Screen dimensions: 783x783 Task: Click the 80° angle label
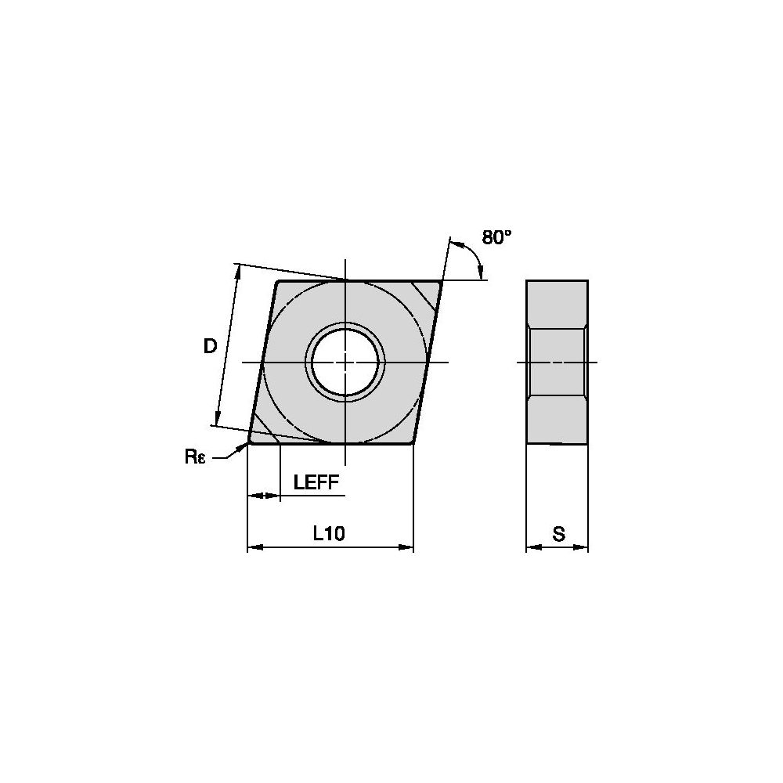point(497,237)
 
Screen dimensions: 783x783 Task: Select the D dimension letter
point(210,346)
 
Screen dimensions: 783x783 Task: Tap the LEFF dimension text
point(316,482)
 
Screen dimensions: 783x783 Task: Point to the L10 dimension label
point(329,534)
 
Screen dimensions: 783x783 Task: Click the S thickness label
point(559,534)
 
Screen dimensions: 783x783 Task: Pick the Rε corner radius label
point(195,456)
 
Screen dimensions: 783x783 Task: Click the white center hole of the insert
point(345,362)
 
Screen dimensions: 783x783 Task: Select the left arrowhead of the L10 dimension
point(255,548)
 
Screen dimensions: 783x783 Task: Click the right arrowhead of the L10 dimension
point(406,548)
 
